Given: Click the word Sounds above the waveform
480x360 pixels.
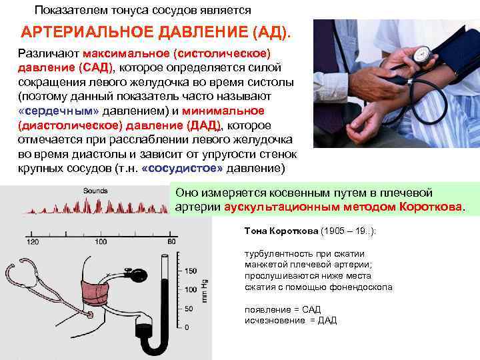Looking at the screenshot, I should click(96, 191).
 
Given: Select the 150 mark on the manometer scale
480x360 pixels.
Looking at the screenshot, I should click(190, 271).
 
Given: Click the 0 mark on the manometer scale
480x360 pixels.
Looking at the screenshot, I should click(187, 327).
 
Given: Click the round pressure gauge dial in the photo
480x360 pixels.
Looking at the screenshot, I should click(421, 54).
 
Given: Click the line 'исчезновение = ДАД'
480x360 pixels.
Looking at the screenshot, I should click(291, 321).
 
